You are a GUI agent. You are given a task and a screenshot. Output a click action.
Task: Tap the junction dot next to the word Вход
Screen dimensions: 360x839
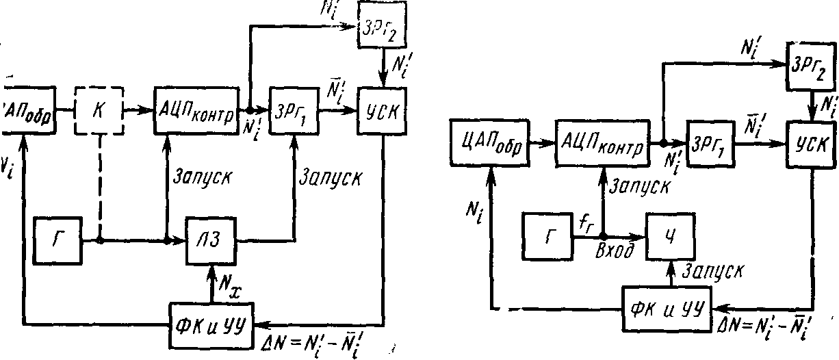tap(603, 236)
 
